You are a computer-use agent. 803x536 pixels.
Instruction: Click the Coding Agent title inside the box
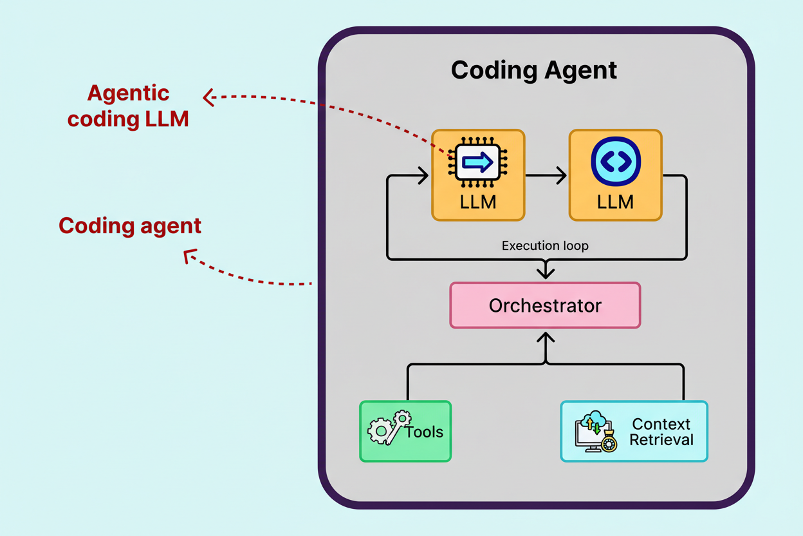coord(533,70)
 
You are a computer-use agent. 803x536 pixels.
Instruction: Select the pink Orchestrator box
coord(545,305)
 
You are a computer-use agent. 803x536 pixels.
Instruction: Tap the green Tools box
coord(405,431)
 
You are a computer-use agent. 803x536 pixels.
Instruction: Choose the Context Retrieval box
coord(634,431)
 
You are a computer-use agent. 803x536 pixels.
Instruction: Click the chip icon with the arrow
coord(477,162)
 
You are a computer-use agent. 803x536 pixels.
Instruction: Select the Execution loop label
coord(545,245)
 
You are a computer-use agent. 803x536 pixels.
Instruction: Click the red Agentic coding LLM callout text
coord(128,106)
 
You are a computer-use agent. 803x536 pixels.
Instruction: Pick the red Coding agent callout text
coord(130,225)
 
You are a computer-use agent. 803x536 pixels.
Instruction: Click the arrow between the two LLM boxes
coord(546,175)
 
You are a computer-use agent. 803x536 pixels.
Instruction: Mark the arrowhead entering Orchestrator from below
coord(546,337)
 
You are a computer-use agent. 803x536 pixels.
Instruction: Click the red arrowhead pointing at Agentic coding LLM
coord(207,98)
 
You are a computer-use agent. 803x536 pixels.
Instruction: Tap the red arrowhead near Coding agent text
coord(189,256)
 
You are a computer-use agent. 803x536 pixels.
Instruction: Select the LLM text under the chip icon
coord(478,202)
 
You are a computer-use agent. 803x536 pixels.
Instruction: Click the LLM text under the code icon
coord(615,202)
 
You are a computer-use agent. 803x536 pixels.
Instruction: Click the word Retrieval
coord(661,440)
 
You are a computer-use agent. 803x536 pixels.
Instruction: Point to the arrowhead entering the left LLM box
coord(423,175)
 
